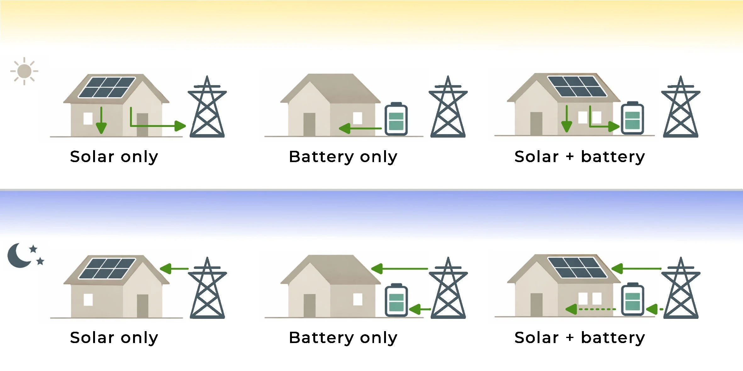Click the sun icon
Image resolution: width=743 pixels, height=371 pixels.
[x=24, y=71]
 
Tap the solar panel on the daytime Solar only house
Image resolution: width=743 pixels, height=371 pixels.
[x=107, y=87]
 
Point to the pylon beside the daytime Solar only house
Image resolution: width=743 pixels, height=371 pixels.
[x=207, y=108]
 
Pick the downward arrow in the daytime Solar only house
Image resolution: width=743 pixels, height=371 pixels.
[x=101, y=121]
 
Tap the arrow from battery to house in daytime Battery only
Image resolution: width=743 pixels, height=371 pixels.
[x=360, y=128]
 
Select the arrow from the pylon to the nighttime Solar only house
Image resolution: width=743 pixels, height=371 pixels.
[x=174, y=269]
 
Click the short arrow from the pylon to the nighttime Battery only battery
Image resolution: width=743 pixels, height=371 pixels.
[x=420, y=309]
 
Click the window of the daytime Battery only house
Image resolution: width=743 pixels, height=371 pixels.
[x=357, y=118]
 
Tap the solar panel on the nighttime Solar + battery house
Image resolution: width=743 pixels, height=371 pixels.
[x=577, y=268]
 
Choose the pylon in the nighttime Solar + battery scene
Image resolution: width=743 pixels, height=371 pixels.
[x=681, y=290]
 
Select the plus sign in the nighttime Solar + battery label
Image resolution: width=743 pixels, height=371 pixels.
[x=570, y=338]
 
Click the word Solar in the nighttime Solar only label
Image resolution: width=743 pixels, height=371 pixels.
[x=92, y=338]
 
